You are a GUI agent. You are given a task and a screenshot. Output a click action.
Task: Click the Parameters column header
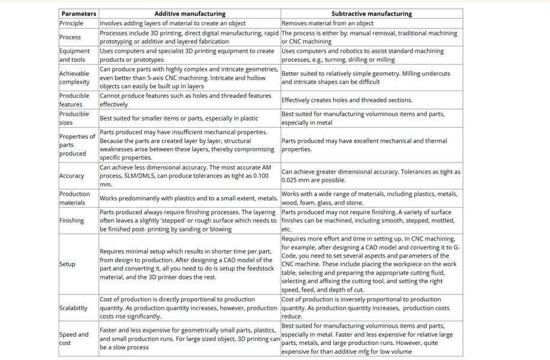[79, 13]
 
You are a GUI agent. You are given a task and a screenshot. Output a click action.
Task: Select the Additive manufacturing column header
[190, 13]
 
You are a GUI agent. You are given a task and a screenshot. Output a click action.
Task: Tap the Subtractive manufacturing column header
[372, 13]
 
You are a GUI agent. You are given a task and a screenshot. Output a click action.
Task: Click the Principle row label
[71, 23]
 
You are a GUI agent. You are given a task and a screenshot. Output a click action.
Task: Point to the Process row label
[70, 37]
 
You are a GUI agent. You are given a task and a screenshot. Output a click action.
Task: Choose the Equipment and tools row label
[74, 55]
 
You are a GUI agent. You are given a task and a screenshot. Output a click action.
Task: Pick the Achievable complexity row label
[74, 77]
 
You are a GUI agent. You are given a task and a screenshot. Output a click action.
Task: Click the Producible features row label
[74, 100]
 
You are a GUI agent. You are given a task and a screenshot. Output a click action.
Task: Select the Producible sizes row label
[74, 118]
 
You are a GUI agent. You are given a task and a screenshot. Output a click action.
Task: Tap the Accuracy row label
[71, 176]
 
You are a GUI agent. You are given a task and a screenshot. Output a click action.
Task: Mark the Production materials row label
[74, 198]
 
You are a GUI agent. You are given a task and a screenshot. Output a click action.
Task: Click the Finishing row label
[71, 220]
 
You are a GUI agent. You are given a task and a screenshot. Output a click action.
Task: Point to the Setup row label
[67, 264]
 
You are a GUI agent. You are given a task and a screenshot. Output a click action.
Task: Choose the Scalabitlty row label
[73, 308]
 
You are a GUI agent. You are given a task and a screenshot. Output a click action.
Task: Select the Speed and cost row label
[74, 338]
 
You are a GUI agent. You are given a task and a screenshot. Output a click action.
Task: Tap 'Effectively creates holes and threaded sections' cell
[347, 100]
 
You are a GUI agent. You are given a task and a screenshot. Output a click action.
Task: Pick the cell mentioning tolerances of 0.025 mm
[371, 176]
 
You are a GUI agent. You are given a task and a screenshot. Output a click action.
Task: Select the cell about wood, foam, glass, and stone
[371, 198]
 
